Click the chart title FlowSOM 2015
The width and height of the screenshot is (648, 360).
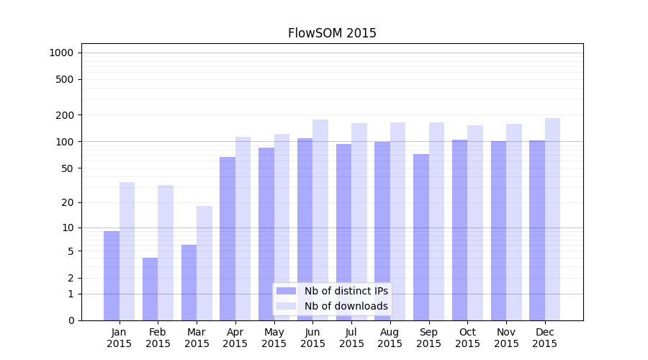[332, 33]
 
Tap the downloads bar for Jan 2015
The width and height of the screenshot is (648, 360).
[127, 251]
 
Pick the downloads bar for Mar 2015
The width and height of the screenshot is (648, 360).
[204, 263]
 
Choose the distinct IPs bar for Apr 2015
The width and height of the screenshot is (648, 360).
[228, 238]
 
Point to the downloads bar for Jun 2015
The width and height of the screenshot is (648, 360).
[320, 220]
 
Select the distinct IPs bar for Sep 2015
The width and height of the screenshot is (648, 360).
[421, 237]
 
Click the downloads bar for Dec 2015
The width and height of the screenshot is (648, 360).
[553, 219]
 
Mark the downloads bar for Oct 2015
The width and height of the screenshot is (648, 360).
[475, 222]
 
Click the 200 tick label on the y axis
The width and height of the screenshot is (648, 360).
[66, 115]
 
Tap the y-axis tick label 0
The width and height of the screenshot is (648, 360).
[71, 320]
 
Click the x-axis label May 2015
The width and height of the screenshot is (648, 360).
[274, 338]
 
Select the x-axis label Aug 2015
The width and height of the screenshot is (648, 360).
[390, 338]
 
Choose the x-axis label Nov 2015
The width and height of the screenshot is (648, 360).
[506, 338]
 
